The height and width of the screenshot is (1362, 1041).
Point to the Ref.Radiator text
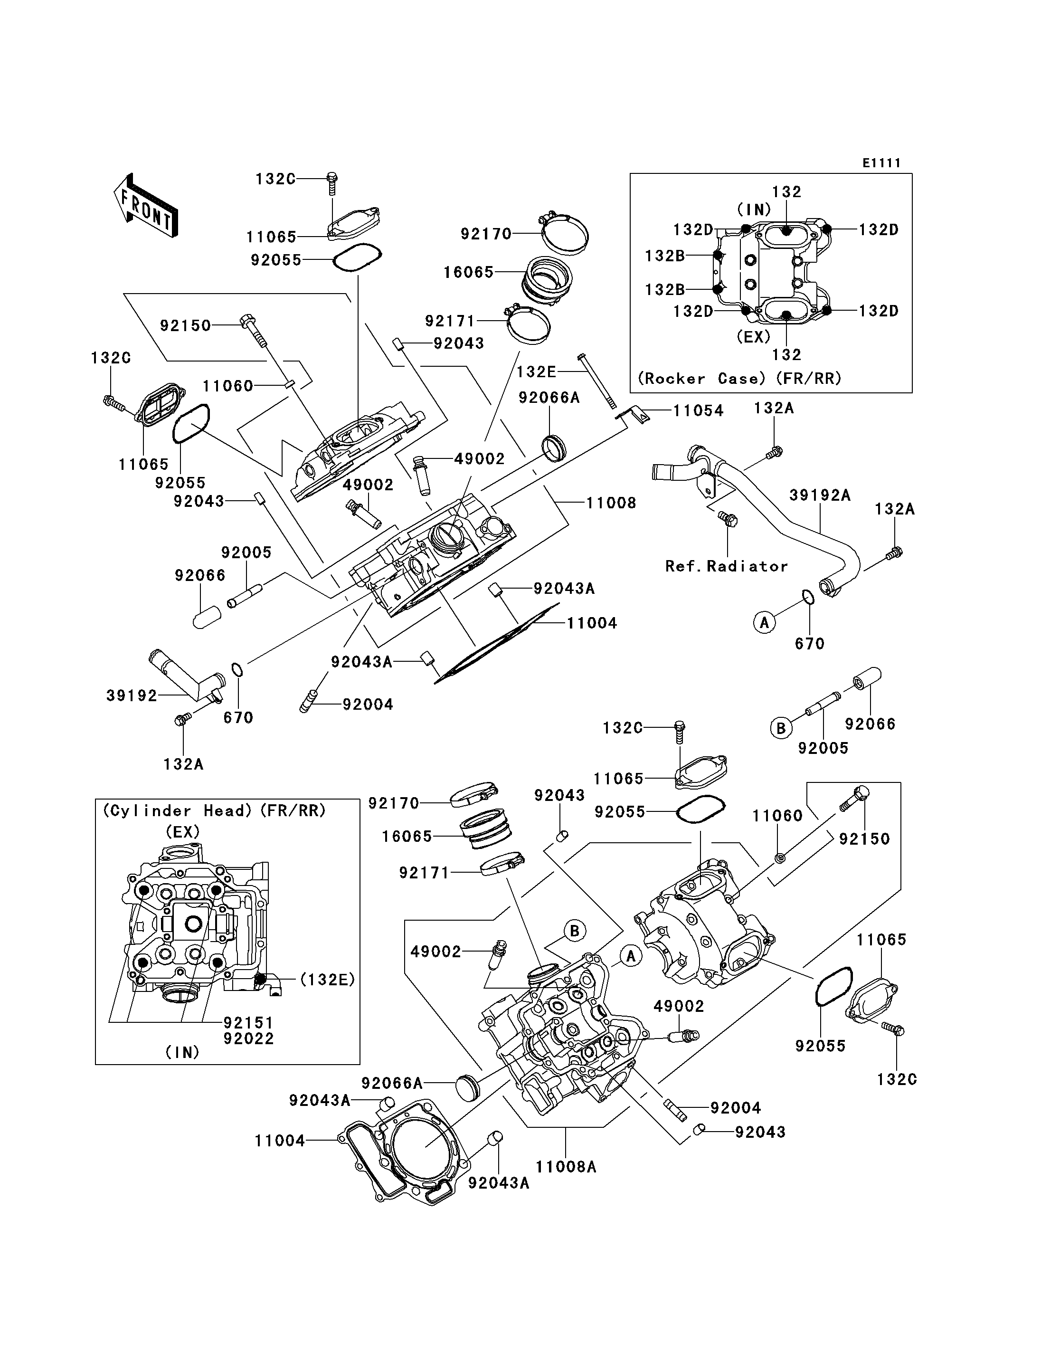[x=726, y=566]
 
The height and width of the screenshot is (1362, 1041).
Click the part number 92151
[x=248, y=1022]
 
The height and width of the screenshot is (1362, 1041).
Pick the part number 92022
[x=248, y=1038]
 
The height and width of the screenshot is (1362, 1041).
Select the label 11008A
[x=566, y=1167]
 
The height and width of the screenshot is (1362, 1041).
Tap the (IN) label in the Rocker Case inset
[x=754, y=210]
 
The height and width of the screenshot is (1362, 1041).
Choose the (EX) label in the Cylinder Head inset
[x=183, y=832]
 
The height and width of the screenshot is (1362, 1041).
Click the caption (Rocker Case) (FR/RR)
[x=740, y=378]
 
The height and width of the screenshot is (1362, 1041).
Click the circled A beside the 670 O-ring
[x=764, y=622]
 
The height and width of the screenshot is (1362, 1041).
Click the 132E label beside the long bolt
[x=536, y=371]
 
